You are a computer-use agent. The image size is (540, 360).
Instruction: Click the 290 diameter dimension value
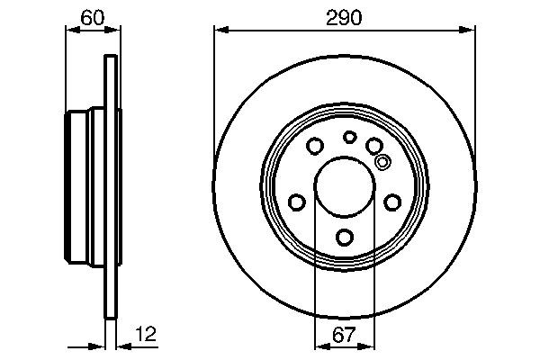(344, 16)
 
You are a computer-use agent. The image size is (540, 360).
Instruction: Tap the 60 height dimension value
(91, 16)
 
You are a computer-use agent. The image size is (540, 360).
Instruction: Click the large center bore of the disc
(345, 188)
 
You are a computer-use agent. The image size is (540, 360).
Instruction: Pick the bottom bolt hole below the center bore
(345, 238)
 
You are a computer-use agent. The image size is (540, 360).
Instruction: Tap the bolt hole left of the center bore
(296, 202)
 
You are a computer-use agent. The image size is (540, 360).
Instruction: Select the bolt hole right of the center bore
(392, 202)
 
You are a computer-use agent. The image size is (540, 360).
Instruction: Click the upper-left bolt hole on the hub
(315, 146)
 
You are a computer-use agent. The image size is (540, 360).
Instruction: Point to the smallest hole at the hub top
(349, 137)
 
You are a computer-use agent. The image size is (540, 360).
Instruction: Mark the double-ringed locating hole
(382, 163)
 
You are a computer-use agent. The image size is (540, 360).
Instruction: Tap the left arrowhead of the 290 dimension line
(219, 30)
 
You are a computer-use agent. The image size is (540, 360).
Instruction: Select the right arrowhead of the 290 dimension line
(469, 30)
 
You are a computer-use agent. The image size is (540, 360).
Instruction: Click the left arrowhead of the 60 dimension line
(72, 30)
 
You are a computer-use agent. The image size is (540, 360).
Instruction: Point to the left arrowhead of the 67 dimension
(319, 346)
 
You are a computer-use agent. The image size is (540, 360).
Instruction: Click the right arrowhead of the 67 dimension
(371, 346)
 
